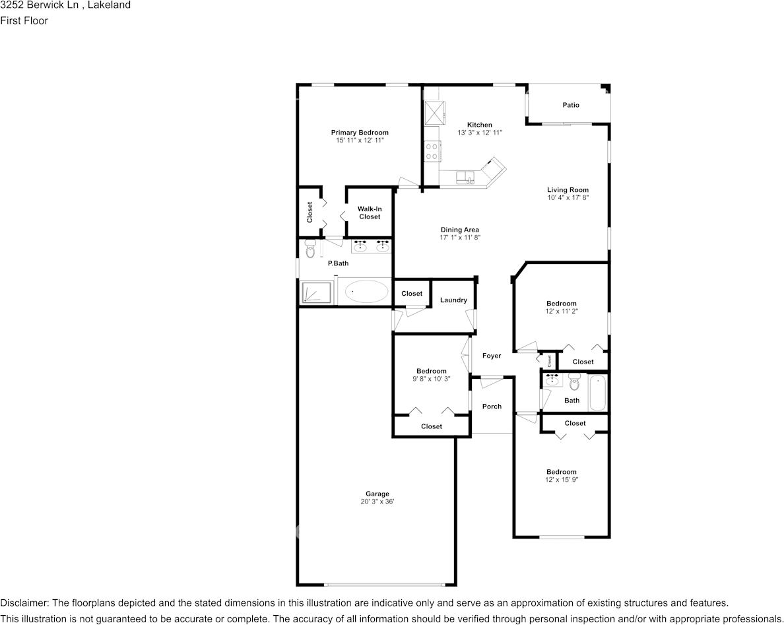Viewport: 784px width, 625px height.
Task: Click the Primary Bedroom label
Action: coord(360,133)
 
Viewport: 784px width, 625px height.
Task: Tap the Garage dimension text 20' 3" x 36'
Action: coord(378,502)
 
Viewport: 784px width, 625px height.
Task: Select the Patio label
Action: coord(571,105)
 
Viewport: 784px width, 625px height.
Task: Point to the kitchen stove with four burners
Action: coord(432,152)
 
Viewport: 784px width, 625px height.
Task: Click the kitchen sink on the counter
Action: coord(466,176)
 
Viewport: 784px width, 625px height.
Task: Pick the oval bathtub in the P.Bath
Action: coord(367,291)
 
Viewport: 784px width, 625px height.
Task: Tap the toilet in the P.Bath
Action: coord(311,248)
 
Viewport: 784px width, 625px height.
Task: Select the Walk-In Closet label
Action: coord(370,213)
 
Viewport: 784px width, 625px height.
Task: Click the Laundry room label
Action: coord(453,300)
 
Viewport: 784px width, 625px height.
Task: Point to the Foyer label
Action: coord(492,356)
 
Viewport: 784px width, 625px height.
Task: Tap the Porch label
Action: coord(492,407)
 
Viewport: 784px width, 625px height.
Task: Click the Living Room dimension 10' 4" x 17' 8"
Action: coord(568,198)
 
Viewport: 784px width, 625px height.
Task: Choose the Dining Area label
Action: coord(460,230)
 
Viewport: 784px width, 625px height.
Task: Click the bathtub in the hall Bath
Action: coord(597,393)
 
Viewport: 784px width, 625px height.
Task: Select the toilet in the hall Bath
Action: coord(573,381)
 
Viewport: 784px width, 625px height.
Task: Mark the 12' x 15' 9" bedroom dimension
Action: coord(561,480)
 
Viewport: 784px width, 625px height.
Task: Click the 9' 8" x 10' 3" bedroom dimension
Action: coord(431,379)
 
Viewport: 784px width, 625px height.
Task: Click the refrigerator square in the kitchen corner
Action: coord(434,112)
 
